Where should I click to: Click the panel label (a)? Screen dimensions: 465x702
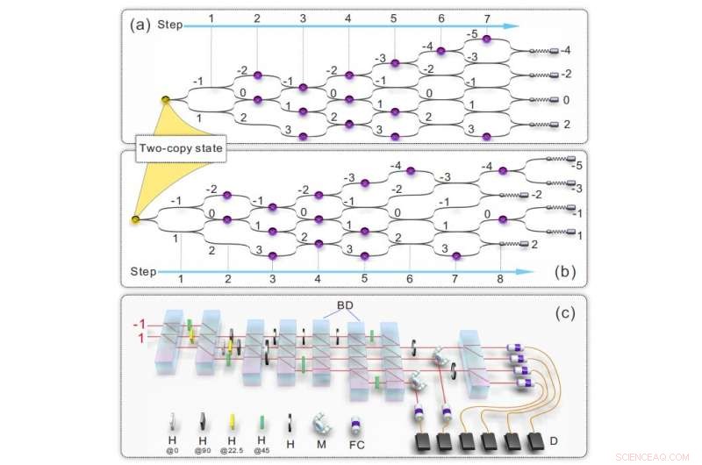click(x=140, y=25)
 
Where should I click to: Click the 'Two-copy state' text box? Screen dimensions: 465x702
click(x=180, y=150)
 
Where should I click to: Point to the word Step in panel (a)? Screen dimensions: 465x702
click(x=170, y=25)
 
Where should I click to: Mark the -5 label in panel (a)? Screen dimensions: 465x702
click(x=472, y=35)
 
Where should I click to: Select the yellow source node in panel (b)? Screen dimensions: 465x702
click(x=134, y=219)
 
